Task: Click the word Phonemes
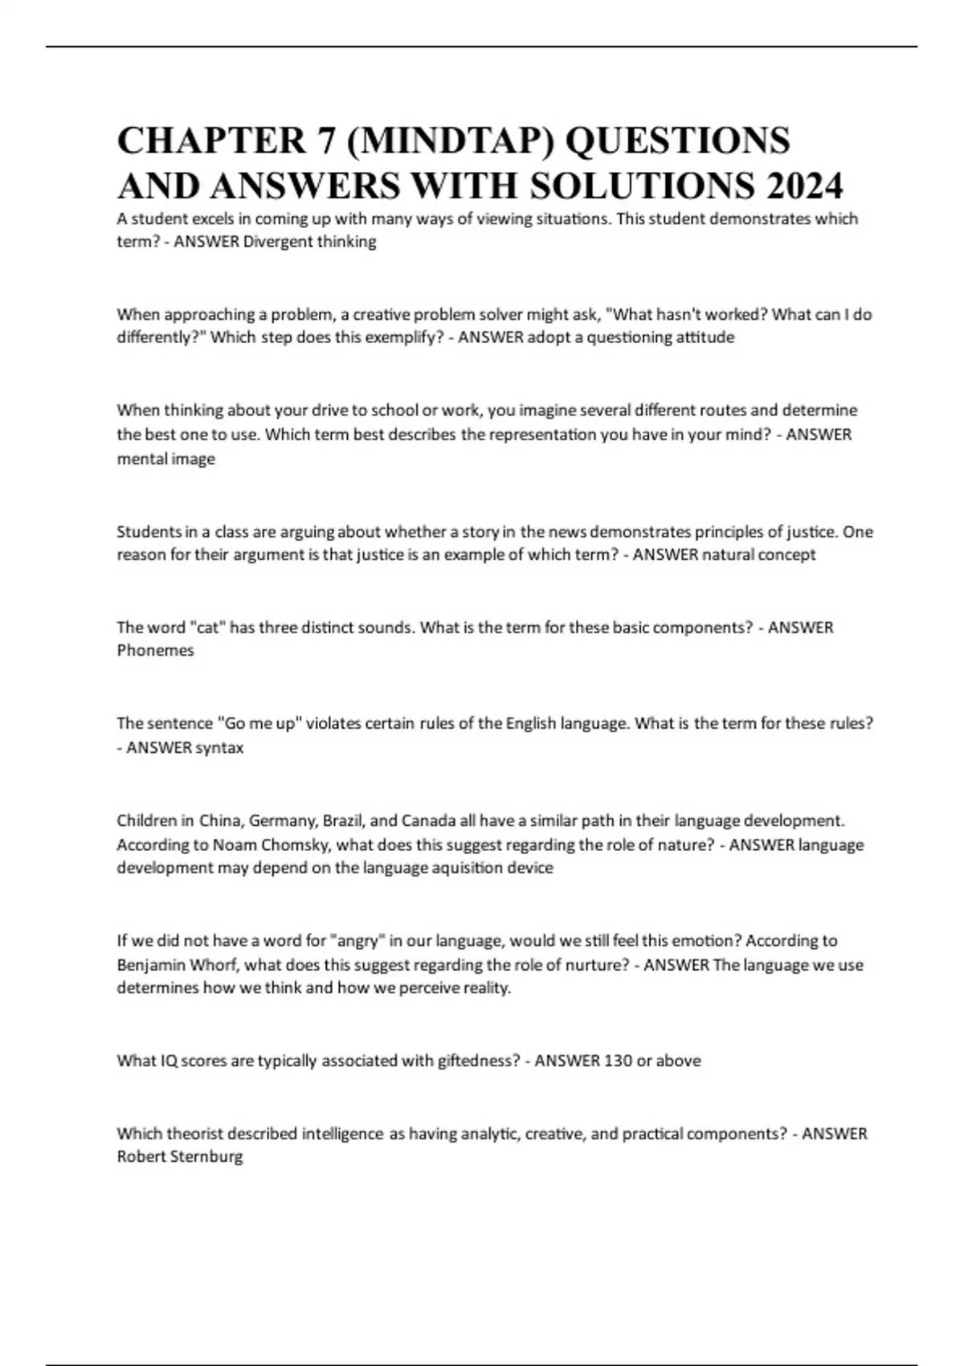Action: click(156, 651)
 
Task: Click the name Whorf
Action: click(209, 965)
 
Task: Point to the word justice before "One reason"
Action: click(806, 532)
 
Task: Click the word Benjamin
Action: click(152, 965)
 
